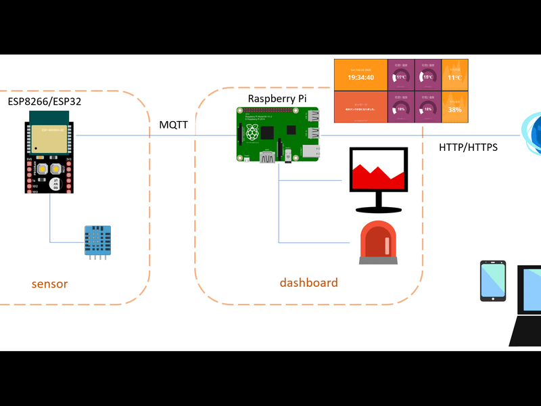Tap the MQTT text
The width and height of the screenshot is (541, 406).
[173, 125]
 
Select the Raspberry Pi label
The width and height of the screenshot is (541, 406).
[277, 99]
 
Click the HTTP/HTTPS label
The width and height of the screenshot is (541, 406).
[468, 146]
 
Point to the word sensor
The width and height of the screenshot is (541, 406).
[49, 284]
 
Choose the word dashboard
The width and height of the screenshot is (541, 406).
[308, 283]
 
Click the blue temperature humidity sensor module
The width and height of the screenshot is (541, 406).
[97, 241]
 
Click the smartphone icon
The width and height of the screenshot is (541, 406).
[493, 280]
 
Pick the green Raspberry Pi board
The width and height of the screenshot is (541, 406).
[278, 134]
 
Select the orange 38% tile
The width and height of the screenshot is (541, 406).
[454, 107]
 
